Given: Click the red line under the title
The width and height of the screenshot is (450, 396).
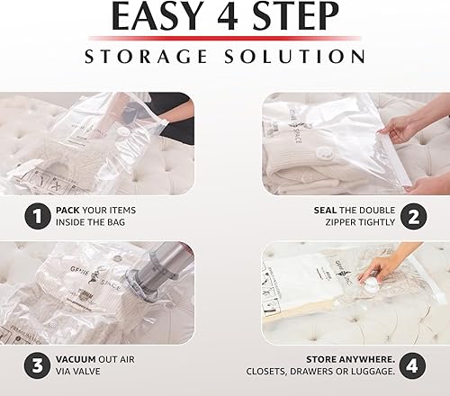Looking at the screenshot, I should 225,38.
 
